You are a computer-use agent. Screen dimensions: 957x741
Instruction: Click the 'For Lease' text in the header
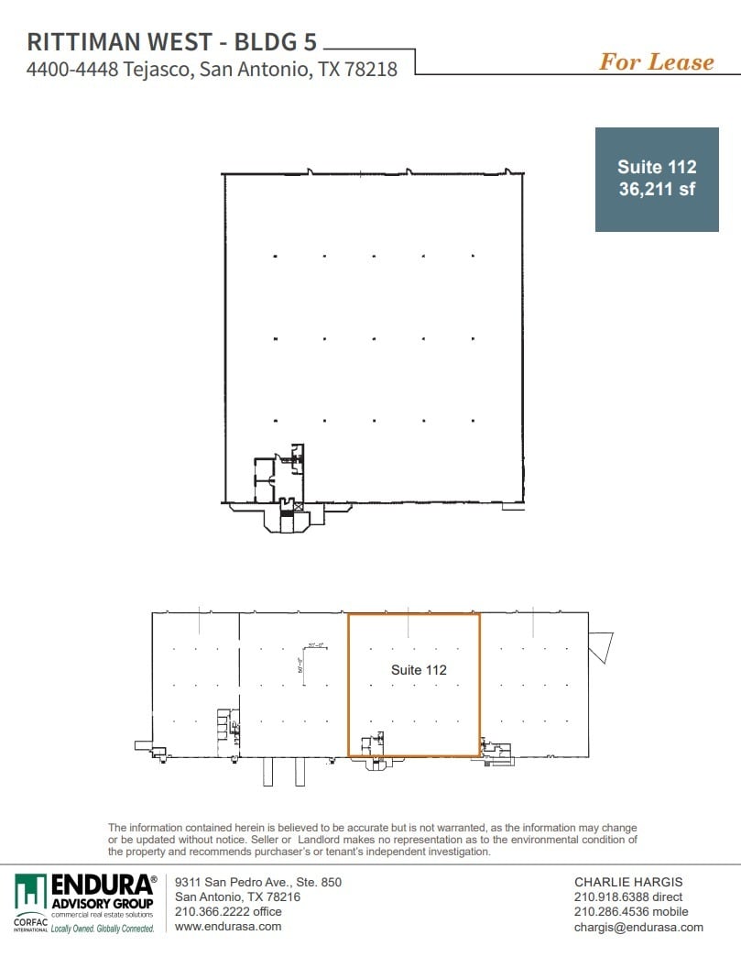pos(656,61)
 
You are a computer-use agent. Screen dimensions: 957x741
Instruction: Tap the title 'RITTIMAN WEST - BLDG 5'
pos(174,42)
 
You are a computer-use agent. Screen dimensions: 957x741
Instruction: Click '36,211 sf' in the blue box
pos(656,191)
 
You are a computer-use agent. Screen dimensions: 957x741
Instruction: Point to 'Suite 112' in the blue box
pos(656,167)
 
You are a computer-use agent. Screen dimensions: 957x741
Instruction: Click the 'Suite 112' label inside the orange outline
pos(419,670)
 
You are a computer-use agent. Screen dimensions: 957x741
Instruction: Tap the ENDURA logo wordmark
pos(102,885)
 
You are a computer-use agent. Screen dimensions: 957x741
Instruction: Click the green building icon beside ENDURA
pos(30,891)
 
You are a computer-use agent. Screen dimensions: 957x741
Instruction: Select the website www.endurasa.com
pos(228,926)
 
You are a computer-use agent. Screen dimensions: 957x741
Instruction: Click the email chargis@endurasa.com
pos(638,926)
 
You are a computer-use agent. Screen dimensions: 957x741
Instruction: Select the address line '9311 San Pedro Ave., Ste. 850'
pos(257,882)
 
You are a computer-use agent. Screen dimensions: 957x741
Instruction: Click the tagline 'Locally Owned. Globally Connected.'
pos(102,929)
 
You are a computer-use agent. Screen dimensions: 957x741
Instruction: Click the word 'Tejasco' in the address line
pos(154,69)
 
